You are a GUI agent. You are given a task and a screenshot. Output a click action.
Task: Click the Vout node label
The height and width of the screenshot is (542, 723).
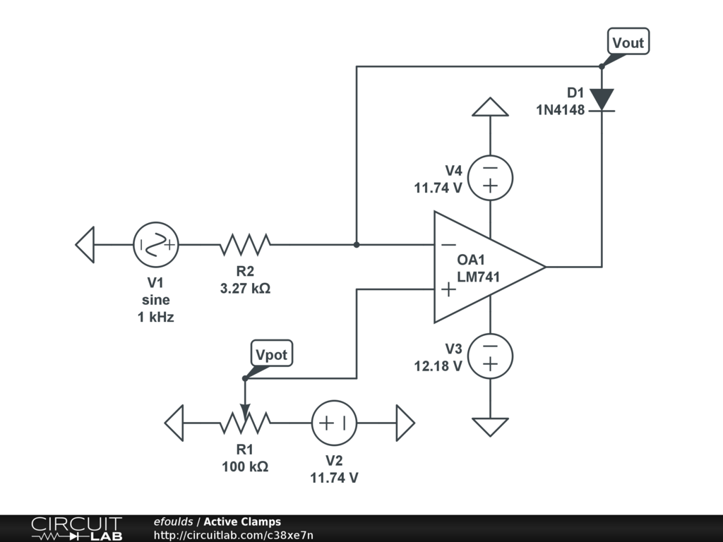pyautogui.click(x=628, y=42)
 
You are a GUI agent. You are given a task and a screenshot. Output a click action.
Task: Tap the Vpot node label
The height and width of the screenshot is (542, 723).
pyautogui.click(x=272, y=354)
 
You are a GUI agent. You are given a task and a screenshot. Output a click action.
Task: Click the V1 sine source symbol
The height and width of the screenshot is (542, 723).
pyautogui.click(x=156, y=245)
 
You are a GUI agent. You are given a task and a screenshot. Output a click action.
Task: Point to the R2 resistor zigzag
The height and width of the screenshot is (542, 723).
pyautogui.click(x=245, y=245)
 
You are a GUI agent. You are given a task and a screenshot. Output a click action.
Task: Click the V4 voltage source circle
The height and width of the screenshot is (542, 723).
pyautogui.click(x=490, y=178)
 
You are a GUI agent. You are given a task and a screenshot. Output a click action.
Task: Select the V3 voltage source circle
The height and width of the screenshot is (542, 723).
pyautogui.click(x=490, y=356)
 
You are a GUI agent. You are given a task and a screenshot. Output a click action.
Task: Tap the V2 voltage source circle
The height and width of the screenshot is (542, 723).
pyautogui.click(x=334, y=423)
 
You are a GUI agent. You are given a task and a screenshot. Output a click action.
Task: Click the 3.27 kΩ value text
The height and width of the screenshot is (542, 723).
pyautogui.click(x=245, y=289)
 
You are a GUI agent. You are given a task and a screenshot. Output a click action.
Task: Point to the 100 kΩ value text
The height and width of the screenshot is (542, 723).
pyautogui.click(x=245, y=467)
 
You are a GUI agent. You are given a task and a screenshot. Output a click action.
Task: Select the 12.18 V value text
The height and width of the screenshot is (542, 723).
pyautogui.click(x=438, y=366)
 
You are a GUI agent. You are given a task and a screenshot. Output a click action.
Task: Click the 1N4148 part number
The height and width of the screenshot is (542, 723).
pyautogui.click(x=560, y=110)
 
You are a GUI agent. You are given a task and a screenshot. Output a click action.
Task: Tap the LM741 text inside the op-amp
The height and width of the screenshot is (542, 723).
pyautogui.click(x=478, y=277)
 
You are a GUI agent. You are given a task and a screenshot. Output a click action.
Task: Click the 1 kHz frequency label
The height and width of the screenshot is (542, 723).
pyautogui.click(x=156, y=317)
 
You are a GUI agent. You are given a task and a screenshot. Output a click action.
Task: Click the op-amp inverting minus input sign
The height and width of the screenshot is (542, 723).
pyautogui.click(x=448, y=245)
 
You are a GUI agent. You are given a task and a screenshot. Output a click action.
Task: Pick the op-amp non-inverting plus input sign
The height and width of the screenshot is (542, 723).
pyautogui.click(x=448, y=289)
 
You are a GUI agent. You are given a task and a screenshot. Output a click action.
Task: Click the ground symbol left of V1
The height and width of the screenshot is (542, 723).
pyautogui.click(x=85, y=245)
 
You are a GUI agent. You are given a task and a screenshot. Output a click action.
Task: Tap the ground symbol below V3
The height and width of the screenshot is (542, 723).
pyautogui.click(x=490, y=427)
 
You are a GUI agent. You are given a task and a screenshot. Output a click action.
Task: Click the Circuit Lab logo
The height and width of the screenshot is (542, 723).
pyautogui.click(x=76, y=529)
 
